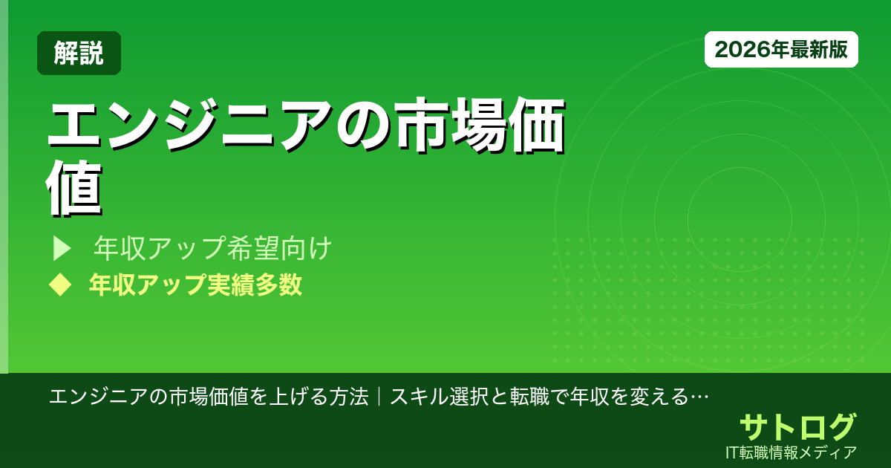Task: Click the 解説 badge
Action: pyautogui.click(x=79, y=53)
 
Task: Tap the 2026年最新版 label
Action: pyautogui.click(x=781, y=50)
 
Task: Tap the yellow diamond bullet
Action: pyautogui.click(x=59, y=285)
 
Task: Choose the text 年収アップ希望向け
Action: pyautogui.click(x=212, y=250)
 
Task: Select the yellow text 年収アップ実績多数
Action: pyautogui.click(x=195, y=285)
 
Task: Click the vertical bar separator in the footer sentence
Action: pyautogui.click(x=379, y=397)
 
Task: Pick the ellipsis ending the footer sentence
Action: pyautogui.click(x=699, y=397)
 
